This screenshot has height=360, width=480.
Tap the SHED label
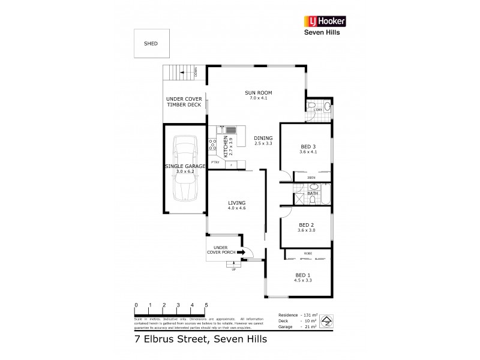click(x=151, y=44)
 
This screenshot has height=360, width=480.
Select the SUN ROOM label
click(x=259, y=92)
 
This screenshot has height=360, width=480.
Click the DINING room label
click(x=263, y=137)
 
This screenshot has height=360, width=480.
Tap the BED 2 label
click(x=307, y=225)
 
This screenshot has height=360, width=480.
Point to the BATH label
click(x=313, y=194)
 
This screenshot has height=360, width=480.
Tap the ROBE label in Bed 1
click(x=307, y=253)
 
